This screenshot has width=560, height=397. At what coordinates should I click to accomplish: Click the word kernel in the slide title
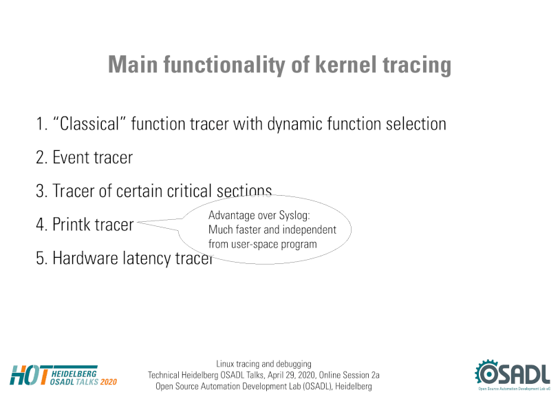(x=345, y=64)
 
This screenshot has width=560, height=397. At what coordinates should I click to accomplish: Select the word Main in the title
(x=133, y=64)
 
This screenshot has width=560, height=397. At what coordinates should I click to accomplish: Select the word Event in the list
(x=70, y=158)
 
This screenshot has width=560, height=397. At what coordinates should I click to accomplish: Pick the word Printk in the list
(x=72, y=225)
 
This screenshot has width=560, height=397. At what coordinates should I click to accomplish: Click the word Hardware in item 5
(x=85, y=258)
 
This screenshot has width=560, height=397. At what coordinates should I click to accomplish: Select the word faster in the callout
(x=249, y=230)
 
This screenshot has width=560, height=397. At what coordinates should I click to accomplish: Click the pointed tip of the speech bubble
(x=138, y=223)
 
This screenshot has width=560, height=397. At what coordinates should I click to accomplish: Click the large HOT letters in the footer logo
(x=30, y=375)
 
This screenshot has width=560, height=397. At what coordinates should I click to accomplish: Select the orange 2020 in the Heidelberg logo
(x=108, y=382)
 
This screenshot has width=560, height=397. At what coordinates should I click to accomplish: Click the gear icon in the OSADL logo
(x=486, y=373)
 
